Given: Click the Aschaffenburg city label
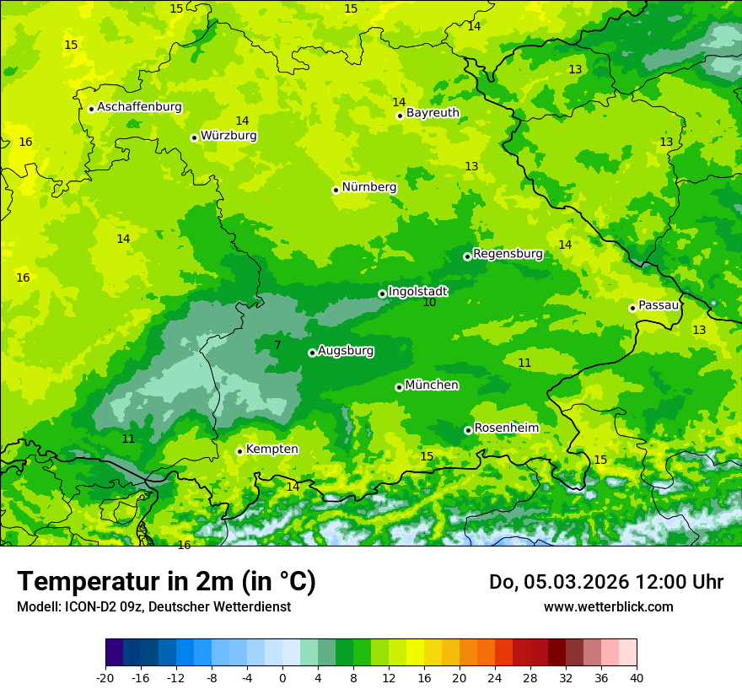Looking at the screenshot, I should pyautogui.click(x=139, y=107).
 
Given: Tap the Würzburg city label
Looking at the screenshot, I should pyautogui.click(x=229, y=136).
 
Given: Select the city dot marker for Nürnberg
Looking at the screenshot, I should pyautogui.click(x=336, y=190).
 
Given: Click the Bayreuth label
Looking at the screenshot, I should pyautogui.click(x=433, y=113).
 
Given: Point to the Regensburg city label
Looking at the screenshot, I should pyautogui.click(x=508, y=254).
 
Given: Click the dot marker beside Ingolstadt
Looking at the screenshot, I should pyautogui.click(x=382, y=293).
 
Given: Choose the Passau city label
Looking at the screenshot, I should pyautogui.click(x=659, y=305).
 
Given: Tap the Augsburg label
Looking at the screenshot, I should pyautogui.click(x=346, y=351).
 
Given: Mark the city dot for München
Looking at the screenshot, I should pyautogui.click(x=399, y=387).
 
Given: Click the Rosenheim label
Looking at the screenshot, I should pyautogui.click(x=506, y=428).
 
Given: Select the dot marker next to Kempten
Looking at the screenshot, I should pyautogui.click(x=239, y=451).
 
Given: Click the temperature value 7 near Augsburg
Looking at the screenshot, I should pyautogui.click(x=277, y=345).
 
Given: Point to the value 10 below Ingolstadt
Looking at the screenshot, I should pyautogui.click(x=430, y=303).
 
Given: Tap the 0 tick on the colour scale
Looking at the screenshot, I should pyautogui.click(x=282, y=678).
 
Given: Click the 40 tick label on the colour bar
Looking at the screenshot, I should pyautogui.click(x=636, y=678).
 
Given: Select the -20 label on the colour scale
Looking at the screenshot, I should pyautogui.click(x=105, y=678).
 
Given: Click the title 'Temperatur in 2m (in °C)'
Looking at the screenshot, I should pyautogui.click(x=166, y=581).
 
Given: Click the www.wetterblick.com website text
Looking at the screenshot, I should pyautogui.click(x=608, y=606).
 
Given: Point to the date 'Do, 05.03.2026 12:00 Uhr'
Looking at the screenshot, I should pyautogui.click(x=605, y=582).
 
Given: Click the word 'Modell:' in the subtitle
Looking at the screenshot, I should pyautogui.click(x=37, y=607).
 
